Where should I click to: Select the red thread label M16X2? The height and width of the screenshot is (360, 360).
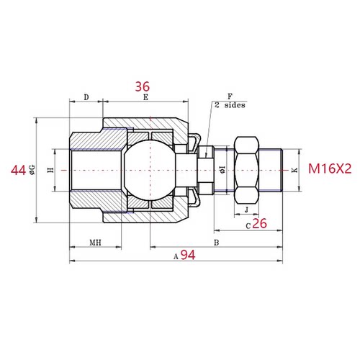[x=329, y=170]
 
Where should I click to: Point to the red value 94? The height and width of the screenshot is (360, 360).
[x=188, y=255]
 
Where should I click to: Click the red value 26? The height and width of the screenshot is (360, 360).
[x=260, y=225]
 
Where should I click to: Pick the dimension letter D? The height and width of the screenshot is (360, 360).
[x=86, y=96]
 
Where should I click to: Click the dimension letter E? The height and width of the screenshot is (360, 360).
[x=145, y=96]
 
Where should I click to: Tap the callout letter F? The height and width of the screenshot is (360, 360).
[x=229, y=95]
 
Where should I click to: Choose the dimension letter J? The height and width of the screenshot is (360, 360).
[x=247, y=210]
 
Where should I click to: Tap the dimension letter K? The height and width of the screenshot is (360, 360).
[x=294, y=171]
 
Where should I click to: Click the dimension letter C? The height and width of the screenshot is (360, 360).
[x=248, y=225]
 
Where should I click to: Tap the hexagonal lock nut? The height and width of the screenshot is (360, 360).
[x=247, y=170]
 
